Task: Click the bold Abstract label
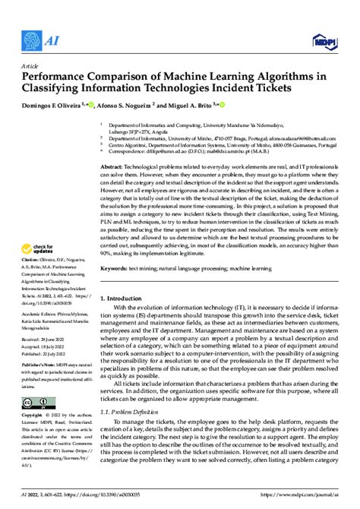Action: pos(112,166)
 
